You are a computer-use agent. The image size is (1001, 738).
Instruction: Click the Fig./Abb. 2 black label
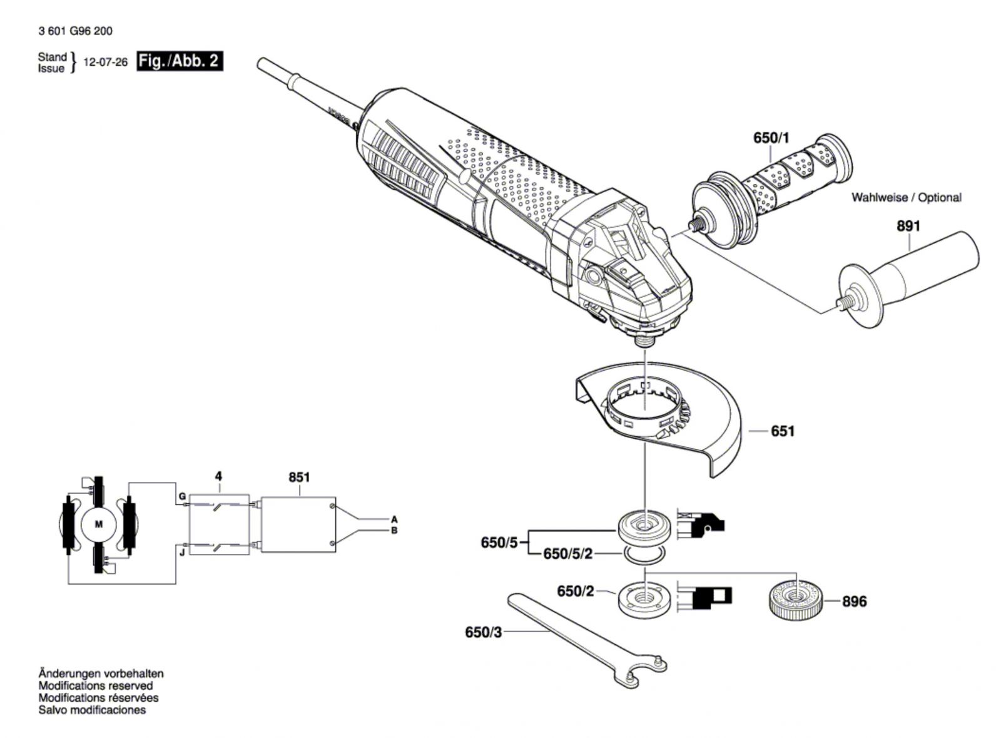pos(180,61)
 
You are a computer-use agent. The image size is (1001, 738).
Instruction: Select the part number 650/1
pos(771,138)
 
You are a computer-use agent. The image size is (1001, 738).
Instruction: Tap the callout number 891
pos(908,225)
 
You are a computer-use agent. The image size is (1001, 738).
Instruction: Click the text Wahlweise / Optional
pos(906,197)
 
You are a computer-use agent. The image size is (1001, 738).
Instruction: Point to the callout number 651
pos(783,431)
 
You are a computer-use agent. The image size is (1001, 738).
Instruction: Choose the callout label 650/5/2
pos(567,554)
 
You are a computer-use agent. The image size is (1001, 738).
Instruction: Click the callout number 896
pos(854,602)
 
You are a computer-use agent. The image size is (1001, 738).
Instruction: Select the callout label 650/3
pos(483,632)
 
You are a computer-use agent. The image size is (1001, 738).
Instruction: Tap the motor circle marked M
pos(98,524)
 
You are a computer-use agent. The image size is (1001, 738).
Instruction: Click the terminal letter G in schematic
pos(182,497)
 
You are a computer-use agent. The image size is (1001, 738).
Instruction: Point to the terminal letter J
pos(182,552)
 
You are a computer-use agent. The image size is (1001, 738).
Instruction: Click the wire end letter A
pos(394,519)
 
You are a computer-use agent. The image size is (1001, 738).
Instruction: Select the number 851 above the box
pos(299,477)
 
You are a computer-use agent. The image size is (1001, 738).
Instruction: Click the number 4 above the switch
pos(218,476)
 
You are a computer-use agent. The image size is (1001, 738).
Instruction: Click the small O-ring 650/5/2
pos(644,553)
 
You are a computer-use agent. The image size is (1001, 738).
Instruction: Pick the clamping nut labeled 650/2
pos(643,599)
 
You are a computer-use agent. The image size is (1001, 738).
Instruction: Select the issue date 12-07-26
pos(105,62)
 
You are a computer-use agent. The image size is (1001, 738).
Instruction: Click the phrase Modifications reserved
pos(95,685)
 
